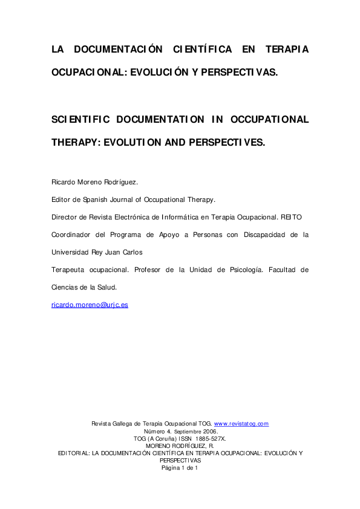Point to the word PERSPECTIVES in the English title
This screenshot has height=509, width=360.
point(226,143)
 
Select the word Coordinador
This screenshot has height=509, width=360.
point(70,234)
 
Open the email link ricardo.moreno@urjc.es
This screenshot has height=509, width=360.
point(90,305)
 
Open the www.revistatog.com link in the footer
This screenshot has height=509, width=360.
point(241,424)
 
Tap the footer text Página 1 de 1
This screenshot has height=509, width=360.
point(180,467)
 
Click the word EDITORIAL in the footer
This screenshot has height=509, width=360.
point(74,453)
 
